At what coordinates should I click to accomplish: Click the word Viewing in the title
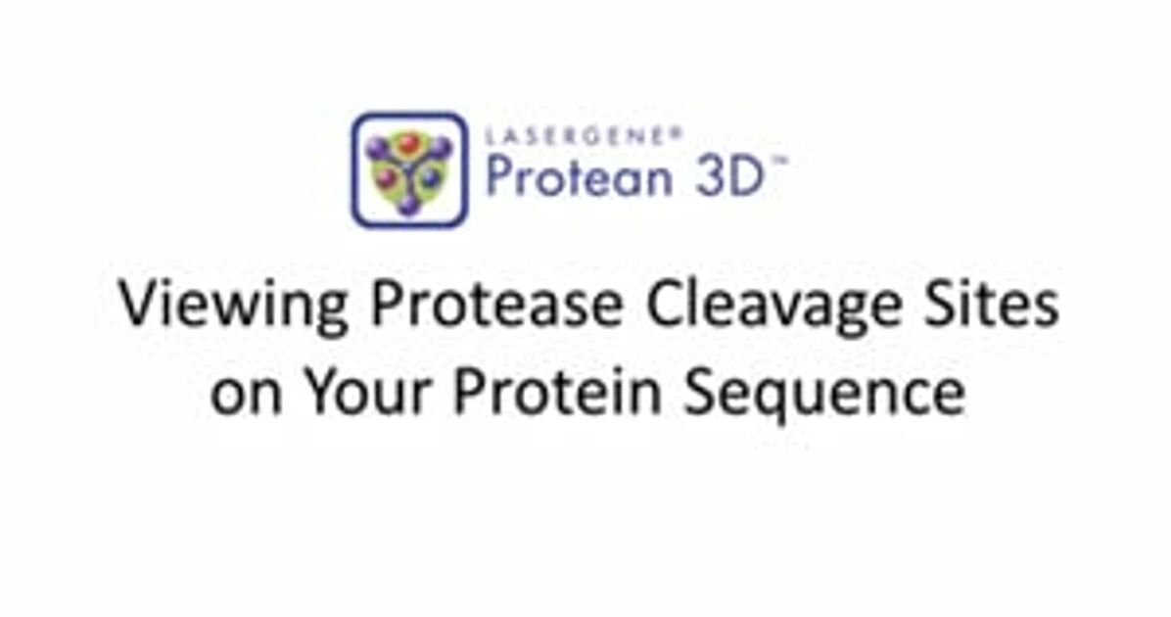tap(234, 307)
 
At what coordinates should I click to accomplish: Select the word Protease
tap(497, 305)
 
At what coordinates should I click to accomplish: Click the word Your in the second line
tap(370, 392)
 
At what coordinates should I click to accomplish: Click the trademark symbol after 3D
tap(780, 164)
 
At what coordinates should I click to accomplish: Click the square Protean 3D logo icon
tap(409, 169)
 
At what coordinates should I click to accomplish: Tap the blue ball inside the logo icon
tap(430, 178)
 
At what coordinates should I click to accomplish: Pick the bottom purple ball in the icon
tap(408, 204)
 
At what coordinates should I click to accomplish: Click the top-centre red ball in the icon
tap(408, 144)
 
